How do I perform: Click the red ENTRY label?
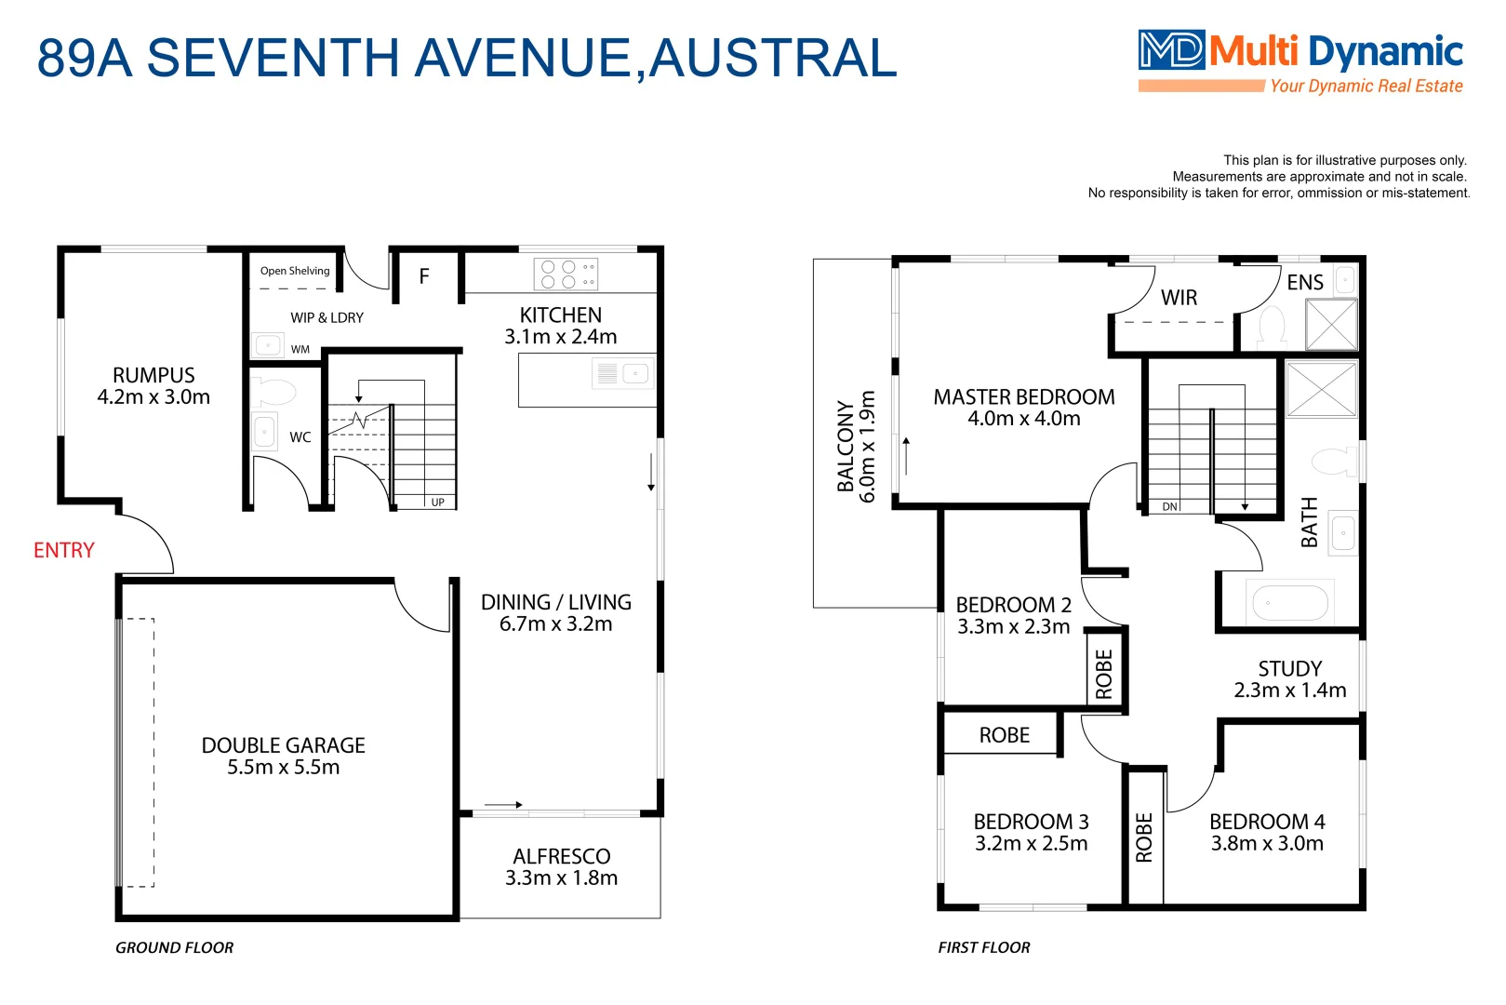click(63, 550)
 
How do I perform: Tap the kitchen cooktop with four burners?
click(566, 275)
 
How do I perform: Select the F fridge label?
click(424, 276)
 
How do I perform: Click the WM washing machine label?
click(300, 350)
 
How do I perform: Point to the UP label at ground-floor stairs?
click(437, 502)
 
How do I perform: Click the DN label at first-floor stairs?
click(1169, 507)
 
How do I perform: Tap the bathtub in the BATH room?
click(1290, 603)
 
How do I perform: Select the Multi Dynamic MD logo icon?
click(1171, 50)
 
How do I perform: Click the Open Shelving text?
click(295, 271)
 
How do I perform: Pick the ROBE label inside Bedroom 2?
click(1104, 674)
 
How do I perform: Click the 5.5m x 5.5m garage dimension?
click(283, 768)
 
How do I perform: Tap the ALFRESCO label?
click(561, 856)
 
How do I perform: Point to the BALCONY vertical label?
click(845, 447)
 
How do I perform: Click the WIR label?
click(1179, 298)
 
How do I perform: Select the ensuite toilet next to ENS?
click(1272, 326)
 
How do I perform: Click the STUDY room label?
click(1289, 668)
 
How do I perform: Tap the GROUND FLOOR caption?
click(174, 947)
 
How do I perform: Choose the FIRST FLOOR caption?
click(983, 947)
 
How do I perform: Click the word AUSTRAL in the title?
click(772, 58)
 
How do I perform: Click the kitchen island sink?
click(635, 374)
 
